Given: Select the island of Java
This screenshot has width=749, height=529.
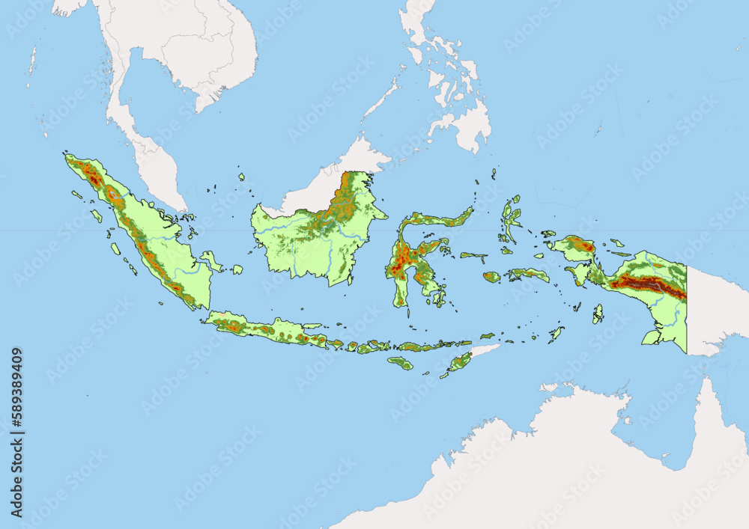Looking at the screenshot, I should pyautogui.click(x=270, y=329).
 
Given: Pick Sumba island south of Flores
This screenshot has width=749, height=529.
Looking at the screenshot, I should pyautogui.click(x=400, y=363).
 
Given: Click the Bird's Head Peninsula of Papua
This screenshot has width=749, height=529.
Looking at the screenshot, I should pyautogui.click(x=573, y=246).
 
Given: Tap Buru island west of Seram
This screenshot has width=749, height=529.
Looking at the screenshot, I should pyautogui.click(x=491, y=277).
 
